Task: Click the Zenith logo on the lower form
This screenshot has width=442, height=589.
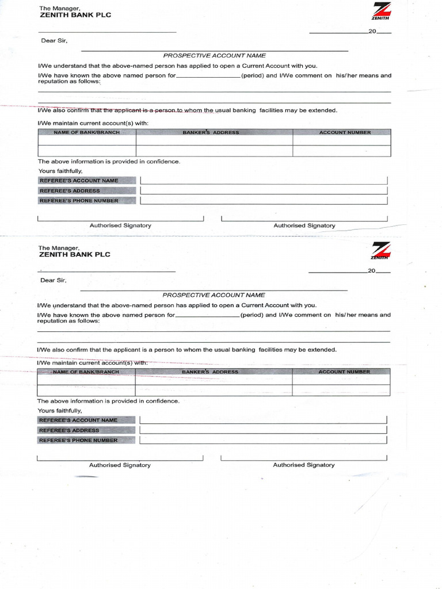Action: click(380, 252)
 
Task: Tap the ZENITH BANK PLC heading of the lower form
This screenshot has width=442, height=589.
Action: click(74, 254)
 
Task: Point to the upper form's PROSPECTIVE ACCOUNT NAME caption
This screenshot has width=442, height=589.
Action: click(214, 56)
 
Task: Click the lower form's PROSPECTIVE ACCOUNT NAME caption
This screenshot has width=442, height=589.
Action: click(214, 295)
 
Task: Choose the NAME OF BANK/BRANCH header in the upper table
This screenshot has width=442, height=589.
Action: click(86, 133)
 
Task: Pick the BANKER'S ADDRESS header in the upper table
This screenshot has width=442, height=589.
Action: click(211, 133)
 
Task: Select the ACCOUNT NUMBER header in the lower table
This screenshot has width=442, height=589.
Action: click(344, 372)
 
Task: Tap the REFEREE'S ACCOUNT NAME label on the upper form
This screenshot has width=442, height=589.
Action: click(79, 181)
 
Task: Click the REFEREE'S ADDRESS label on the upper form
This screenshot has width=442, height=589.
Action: click(70, 190)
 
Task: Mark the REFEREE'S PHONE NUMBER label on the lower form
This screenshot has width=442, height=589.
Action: click(78, 440)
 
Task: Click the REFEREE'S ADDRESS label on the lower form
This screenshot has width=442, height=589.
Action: click(69, 430)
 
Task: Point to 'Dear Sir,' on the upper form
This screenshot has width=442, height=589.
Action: click(54, 41)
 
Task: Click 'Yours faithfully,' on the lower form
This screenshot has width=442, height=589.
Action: click(60, 411)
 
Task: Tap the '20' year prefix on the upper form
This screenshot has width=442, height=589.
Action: click(372, 32)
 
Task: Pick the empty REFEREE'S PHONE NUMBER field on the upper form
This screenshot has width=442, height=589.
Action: click(264, 201)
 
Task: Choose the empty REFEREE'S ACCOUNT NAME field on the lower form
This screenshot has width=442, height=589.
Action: click(263, 420)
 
